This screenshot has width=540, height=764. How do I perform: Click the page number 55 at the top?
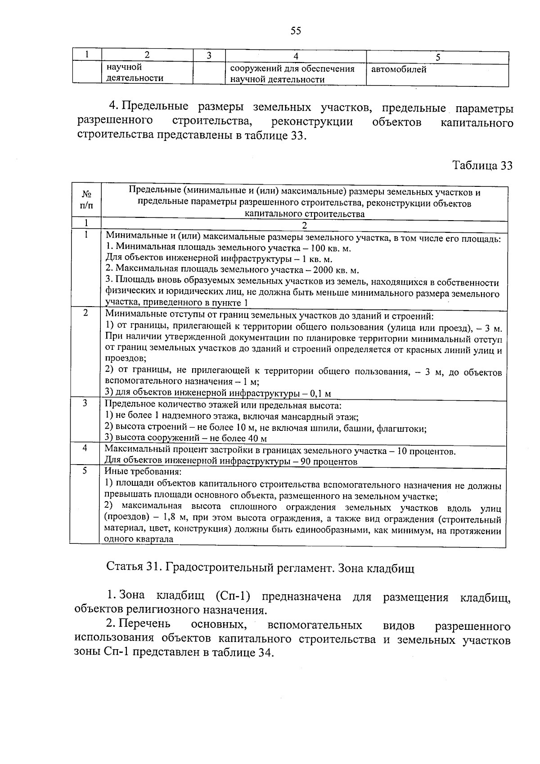pos(296,31)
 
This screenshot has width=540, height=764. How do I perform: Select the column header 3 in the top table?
pos(209,55)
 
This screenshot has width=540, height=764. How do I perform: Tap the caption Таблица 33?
pos(482,166)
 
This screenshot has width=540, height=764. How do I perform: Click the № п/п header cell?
pos(87,200)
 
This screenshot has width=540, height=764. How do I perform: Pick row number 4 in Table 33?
pos(85,448)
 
